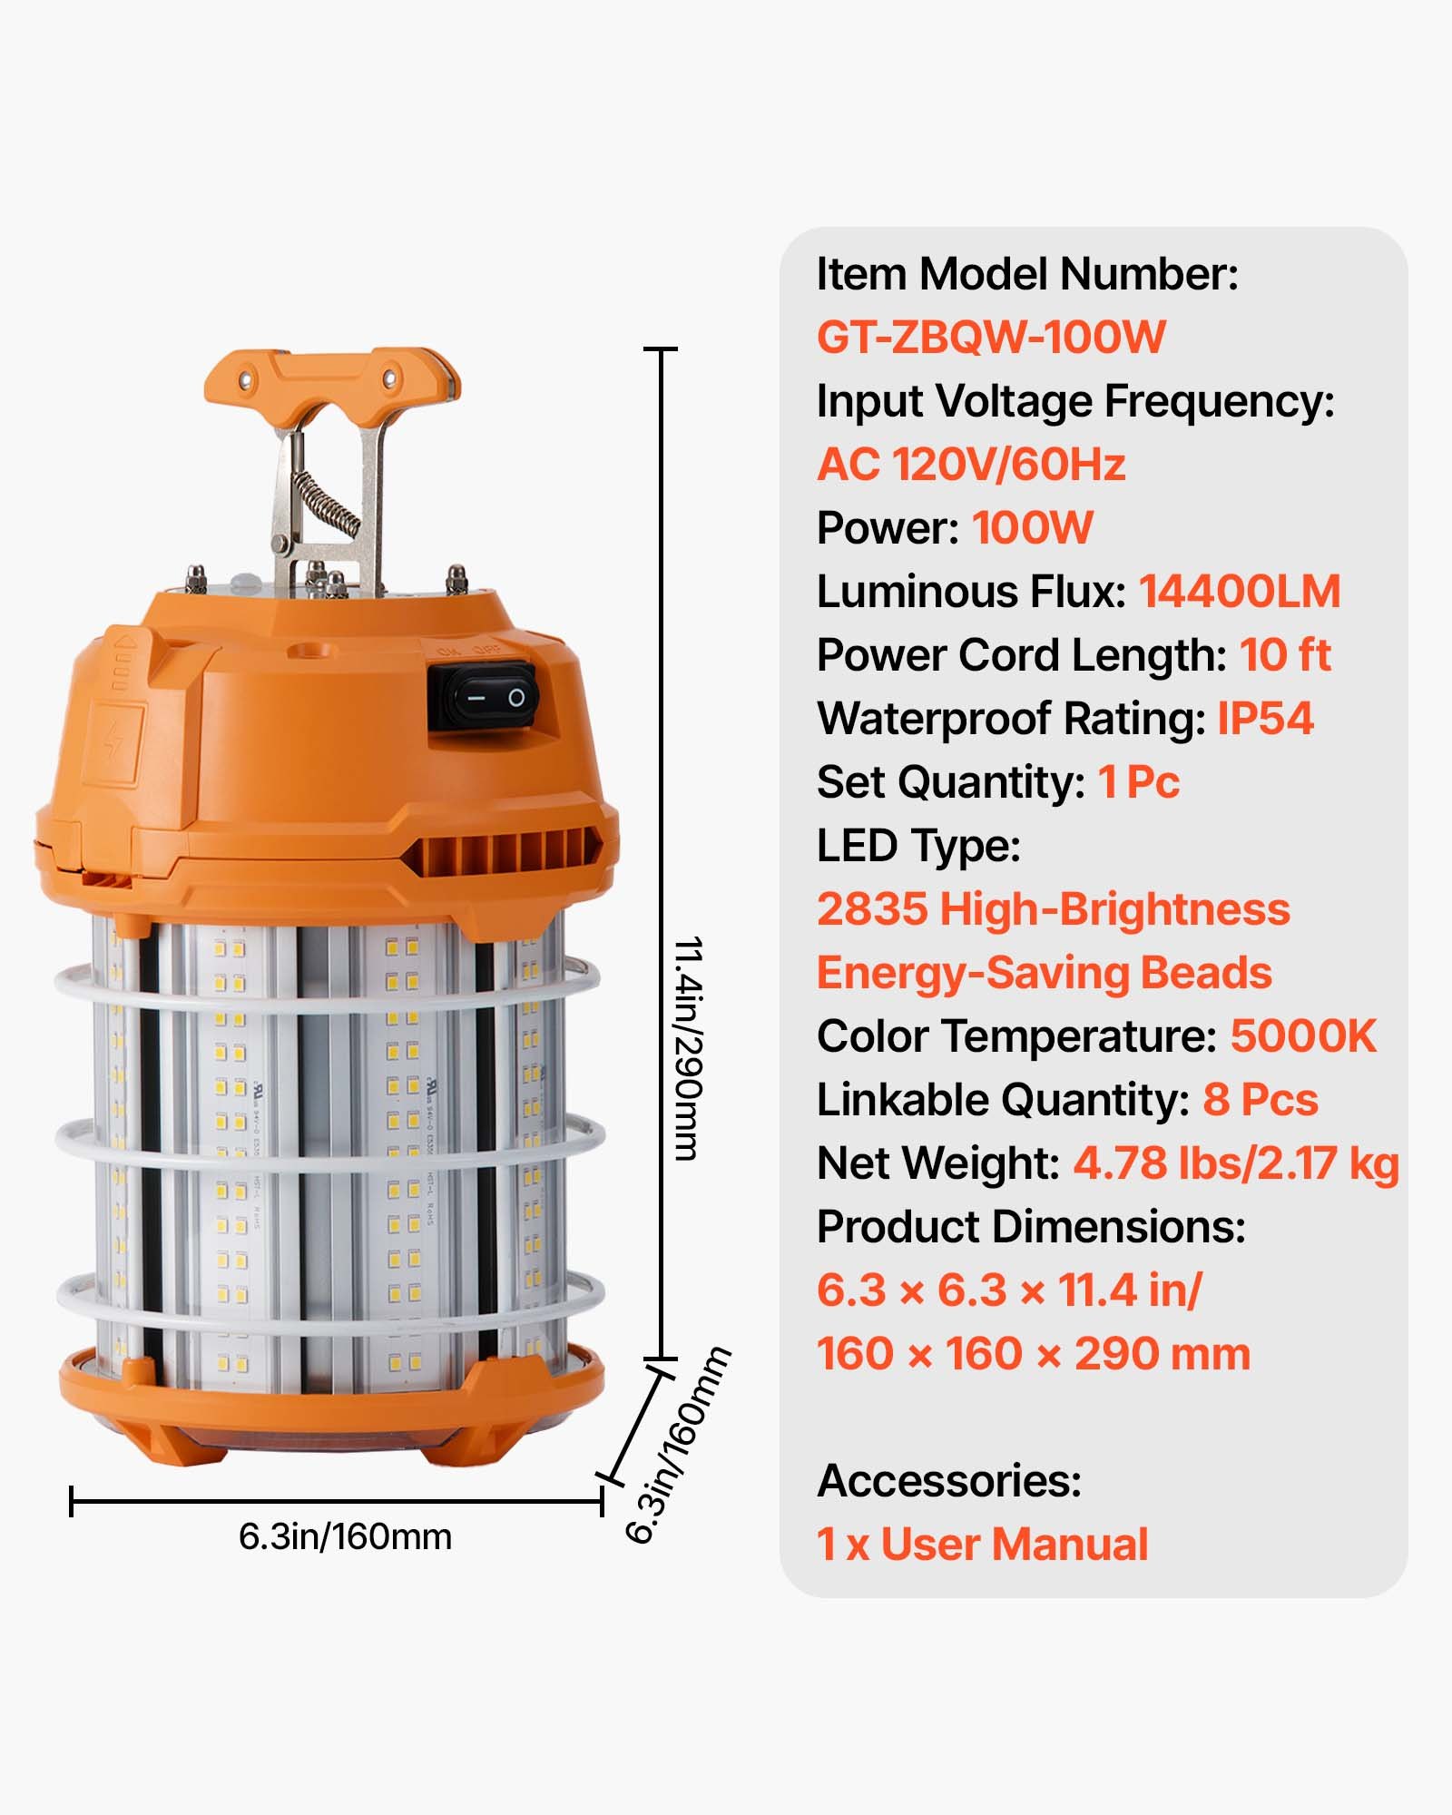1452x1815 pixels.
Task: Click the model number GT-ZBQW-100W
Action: (x=990, y=338)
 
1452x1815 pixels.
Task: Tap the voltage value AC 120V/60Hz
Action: (x=970, y=465)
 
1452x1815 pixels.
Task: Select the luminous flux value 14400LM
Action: (x=1239, y=592)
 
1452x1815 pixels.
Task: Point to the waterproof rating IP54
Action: (x=1264, y=719)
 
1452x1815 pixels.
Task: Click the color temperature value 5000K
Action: (x=1302, y=1036)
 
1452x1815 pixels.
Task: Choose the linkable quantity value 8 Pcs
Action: (x=1260, y=1100)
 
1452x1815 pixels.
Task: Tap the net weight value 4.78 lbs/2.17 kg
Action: (x=1235, y=1163)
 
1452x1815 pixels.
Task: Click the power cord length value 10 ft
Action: (x=1284, y=655)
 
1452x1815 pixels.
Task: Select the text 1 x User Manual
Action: (x=982, y=1545)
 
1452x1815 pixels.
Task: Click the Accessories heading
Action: (x=948, y=1481)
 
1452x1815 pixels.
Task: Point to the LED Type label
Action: (x=917, y=846)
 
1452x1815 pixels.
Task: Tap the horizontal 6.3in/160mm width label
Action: (x=345, y=1536)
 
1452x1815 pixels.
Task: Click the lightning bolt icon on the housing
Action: (x=113, y=742)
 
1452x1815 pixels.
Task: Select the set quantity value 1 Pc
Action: (x=1138, y=782)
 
